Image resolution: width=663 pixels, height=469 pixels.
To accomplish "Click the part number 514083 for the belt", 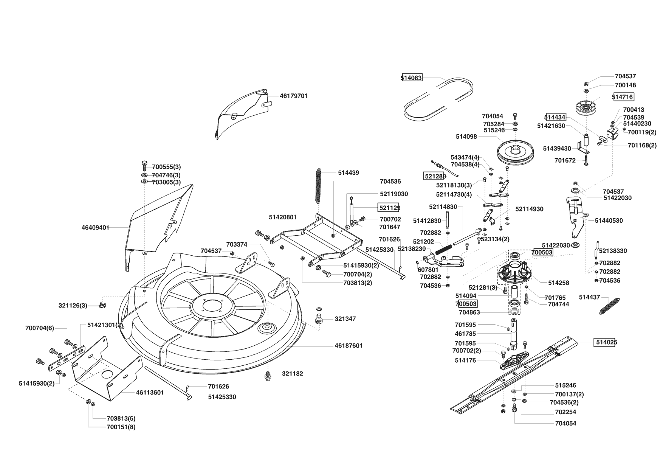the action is coord(411,78).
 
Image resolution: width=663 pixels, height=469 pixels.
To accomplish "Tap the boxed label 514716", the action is coord(623,97).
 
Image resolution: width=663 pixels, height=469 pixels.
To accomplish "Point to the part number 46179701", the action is coord(294,96).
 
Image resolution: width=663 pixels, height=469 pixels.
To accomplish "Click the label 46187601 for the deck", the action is coord(349,346).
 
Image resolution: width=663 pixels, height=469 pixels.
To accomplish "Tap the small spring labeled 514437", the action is coord(610,306).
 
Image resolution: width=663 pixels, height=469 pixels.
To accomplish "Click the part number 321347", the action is coord(345,319).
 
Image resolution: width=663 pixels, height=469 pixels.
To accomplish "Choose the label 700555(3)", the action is coord(166,167).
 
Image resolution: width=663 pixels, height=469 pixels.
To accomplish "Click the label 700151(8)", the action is coord(121,427).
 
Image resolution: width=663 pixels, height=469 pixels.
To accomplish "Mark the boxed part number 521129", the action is coord(389,208).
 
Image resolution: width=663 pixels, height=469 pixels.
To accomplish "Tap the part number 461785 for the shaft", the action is coord(465,334).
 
